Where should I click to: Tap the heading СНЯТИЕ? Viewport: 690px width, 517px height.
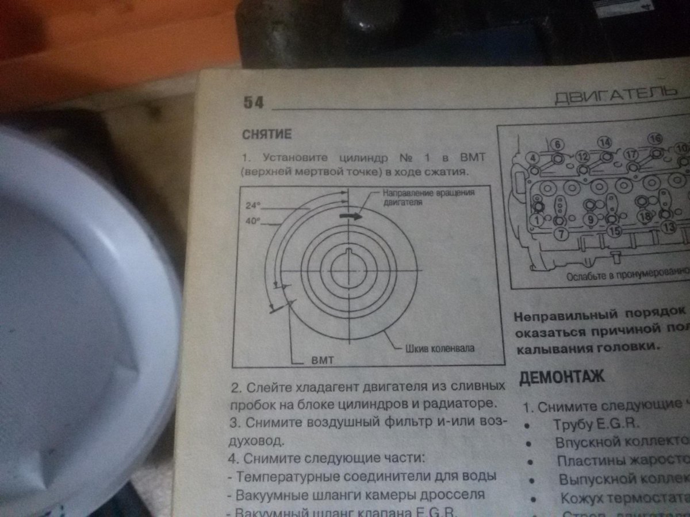click(x=268, y=135)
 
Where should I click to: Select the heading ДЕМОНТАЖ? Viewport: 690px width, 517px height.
click(x=561, y=378)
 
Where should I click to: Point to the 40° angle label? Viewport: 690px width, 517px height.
click(x=251, y=221)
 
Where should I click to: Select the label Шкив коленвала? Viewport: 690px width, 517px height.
click(x=451, y=348)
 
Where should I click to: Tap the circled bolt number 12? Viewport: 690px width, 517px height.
click(x=582, y=156)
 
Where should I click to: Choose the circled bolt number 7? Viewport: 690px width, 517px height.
click(x=562, y=233)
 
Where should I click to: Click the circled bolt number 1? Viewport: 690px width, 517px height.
click(x=536, y=220)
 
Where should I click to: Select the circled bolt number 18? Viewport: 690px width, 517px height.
click(x=645, y=217)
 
